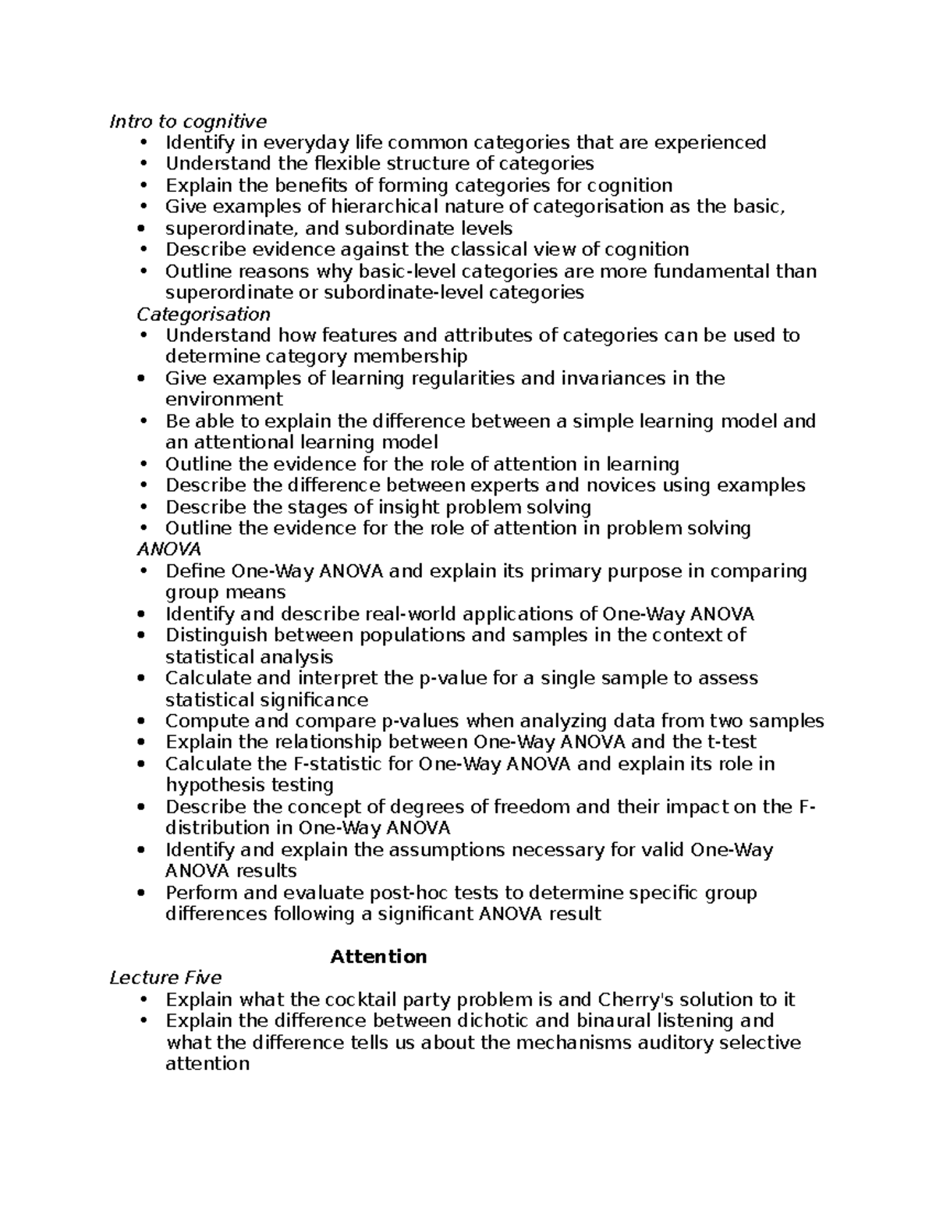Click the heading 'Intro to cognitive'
(x=188, y=121)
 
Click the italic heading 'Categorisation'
(x=203, y=314)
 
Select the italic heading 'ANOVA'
(x=168, y=549)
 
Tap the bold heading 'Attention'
(x=378, y=957)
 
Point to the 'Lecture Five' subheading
(x=165, y=978)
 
